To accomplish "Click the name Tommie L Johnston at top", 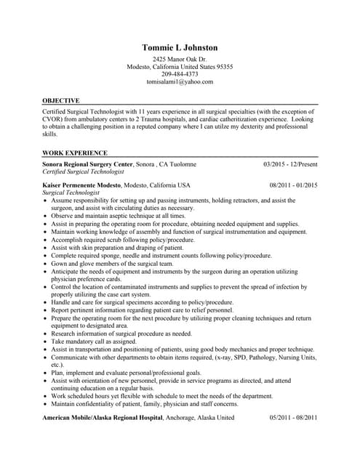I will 180,47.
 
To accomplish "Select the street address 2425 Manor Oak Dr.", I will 180,59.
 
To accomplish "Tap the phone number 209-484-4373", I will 180,74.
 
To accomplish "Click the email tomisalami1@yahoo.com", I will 180,82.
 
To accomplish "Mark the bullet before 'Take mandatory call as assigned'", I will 46,341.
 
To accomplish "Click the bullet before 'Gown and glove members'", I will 46,263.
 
